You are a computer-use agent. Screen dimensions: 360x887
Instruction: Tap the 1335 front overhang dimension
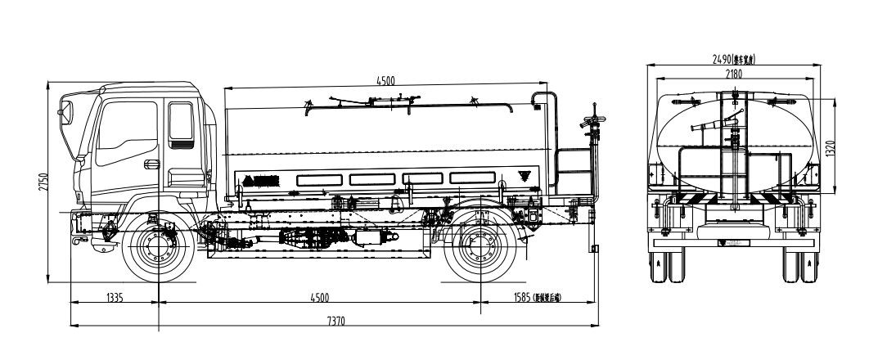point(114,297)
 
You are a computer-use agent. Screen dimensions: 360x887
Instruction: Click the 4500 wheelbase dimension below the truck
point(318,297)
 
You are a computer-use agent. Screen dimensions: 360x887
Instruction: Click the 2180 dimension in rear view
point(733,74)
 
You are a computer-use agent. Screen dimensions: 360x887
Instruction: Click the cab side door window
point(180,122)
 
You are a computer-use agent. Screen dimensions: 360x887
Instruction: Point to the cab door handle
point(151,164)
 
